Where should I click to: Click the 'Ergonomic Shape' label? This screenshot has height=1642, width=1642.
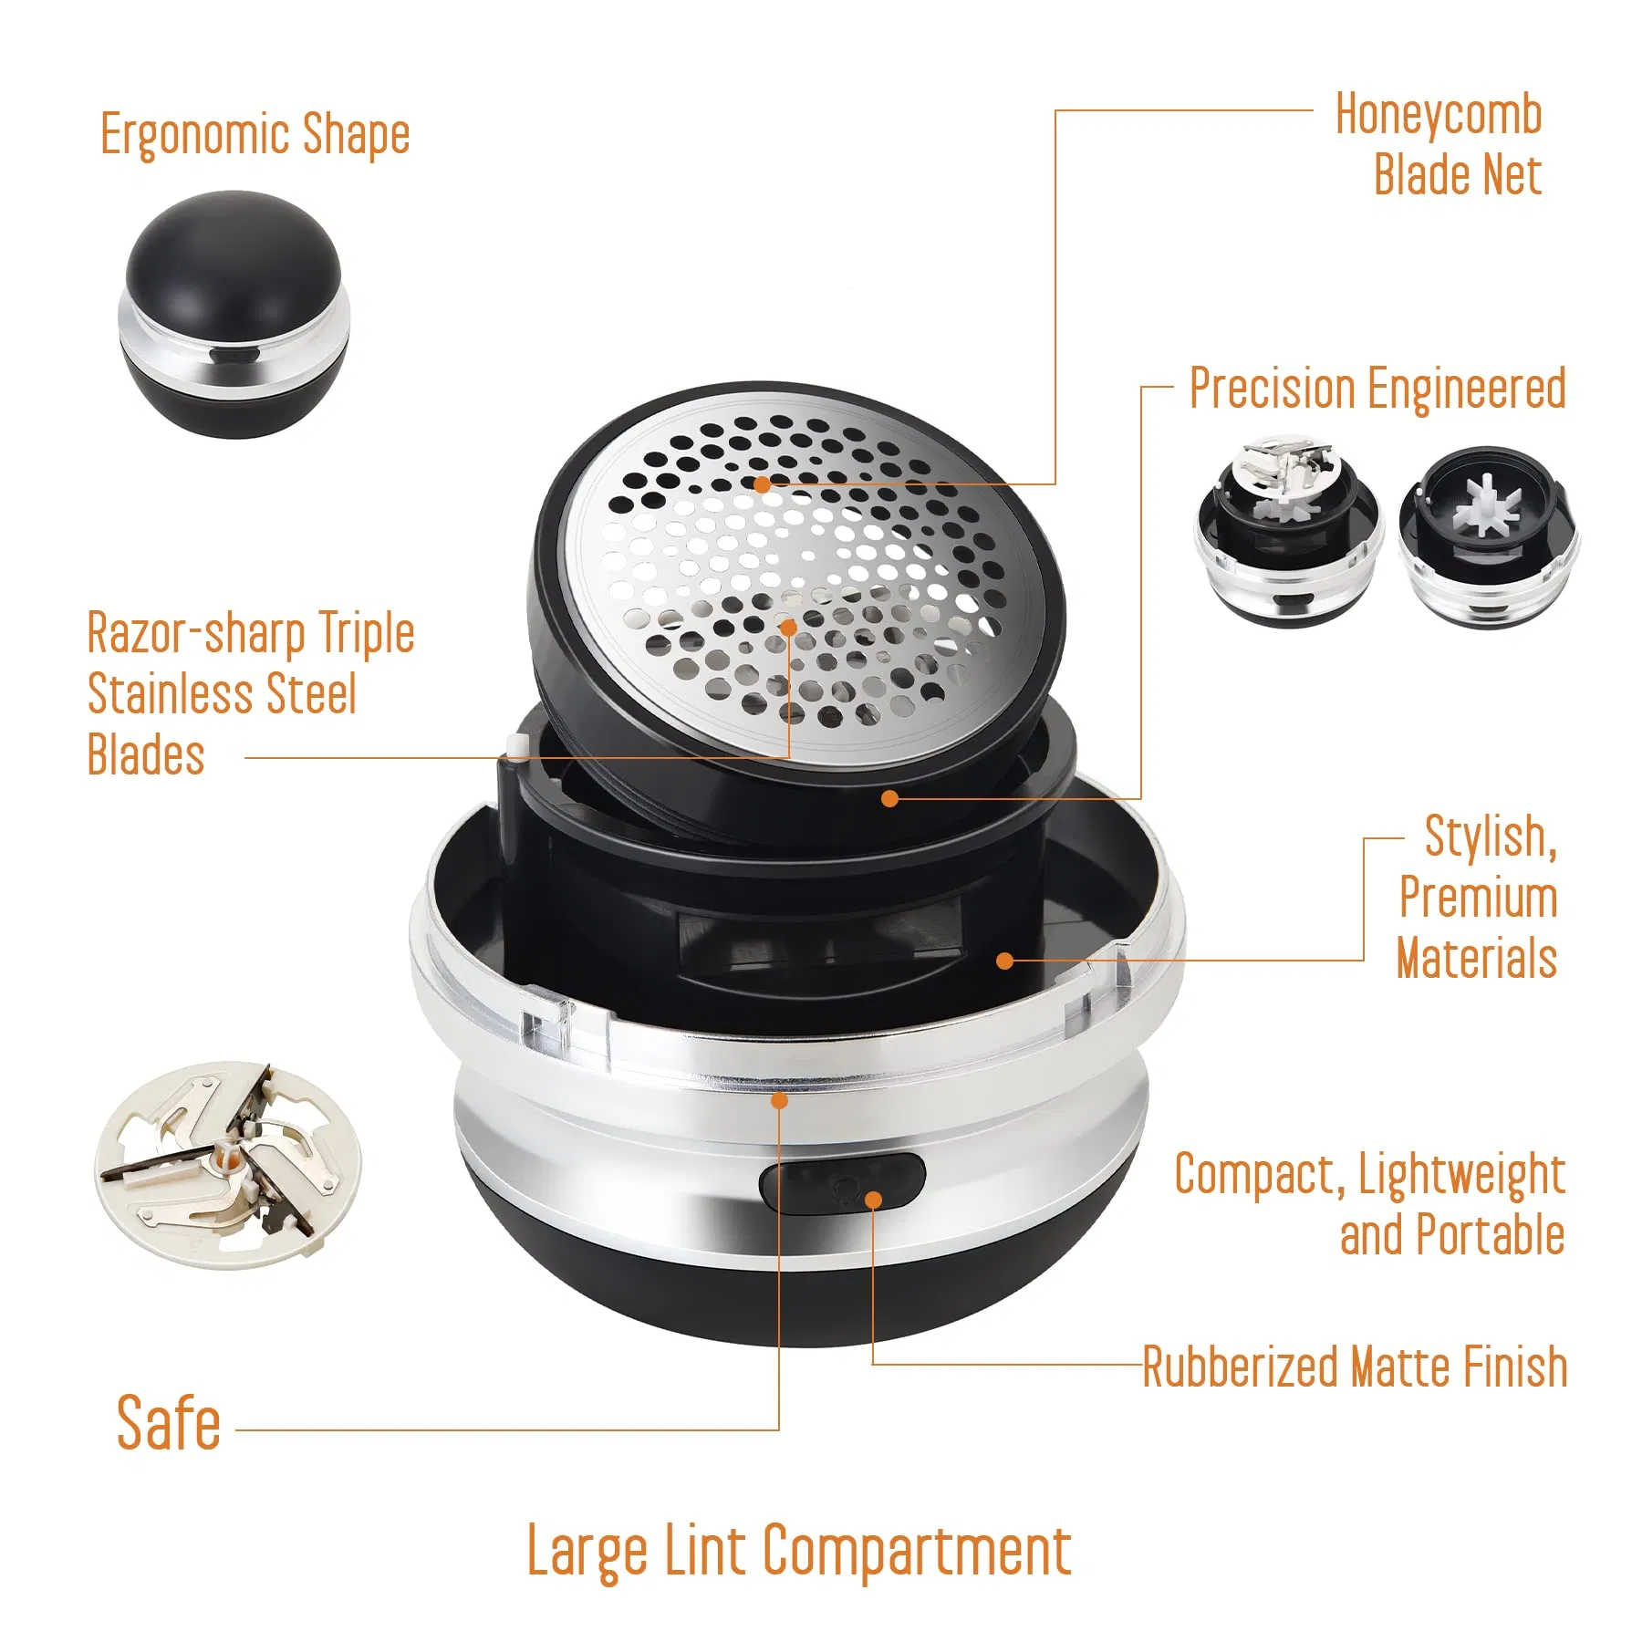[255, 134]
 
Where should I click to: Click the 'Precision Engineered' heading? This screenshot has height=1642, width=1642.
[1377, 389]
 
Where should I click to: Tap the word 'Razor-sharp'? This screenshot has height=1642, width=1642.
[196, 633]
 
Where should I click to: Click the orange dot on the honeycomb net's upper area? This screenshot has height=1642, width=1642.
[762, 484]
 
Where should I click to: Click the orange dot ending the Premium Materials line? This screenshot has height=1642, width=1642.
[1004, 961]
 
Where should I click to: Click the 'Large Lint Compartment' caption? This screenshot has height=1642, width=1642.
[799, 1551]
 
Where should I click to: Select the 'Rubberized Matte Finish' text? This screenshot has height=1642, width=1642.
[1355, 1367]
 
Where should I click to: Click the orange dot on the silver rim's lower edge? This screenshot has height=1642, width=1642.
[779, 1100]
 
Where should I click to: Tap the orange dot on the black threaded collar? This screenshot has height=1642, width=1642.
[890, 798]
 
